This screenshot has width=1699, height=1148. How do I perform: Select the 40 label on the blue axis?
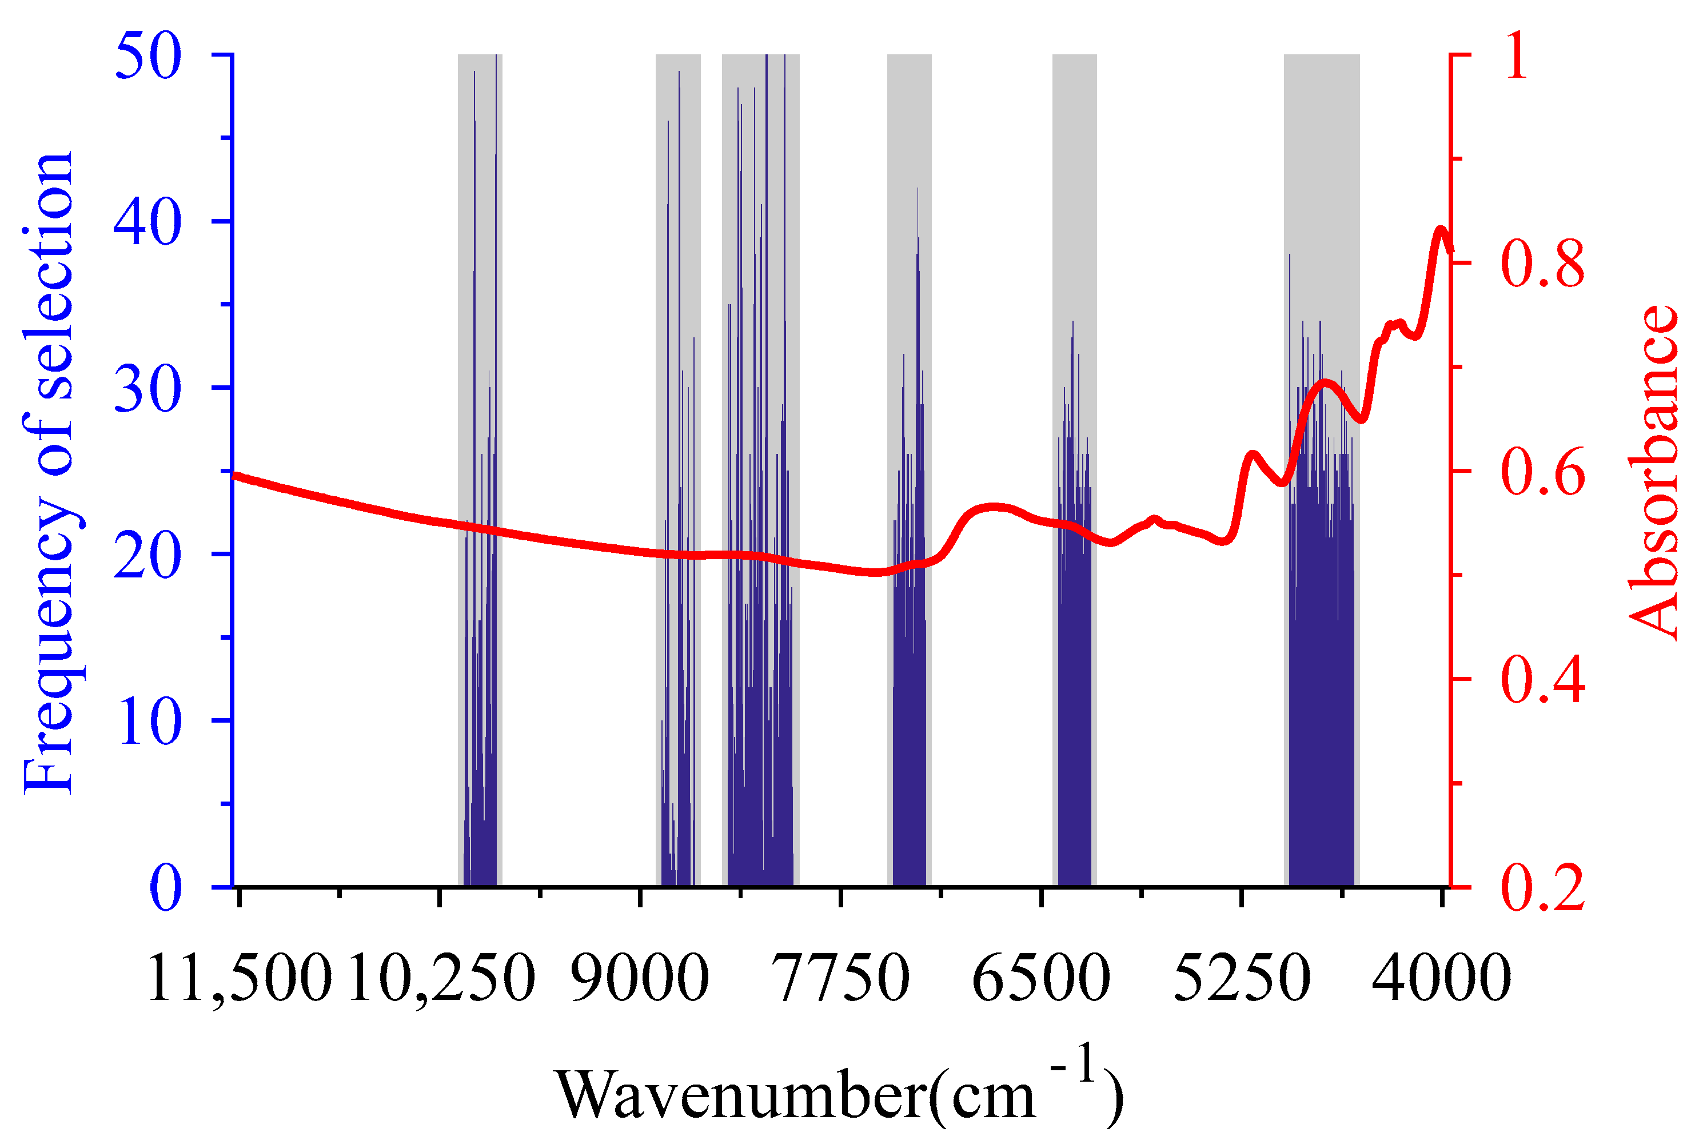[x=147, y=222]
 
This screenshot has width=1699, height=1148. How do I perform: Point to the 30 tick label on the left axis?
[x=147, y=389]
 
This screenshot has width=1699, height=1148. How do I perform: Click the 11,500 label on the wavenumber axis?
[x=239, y=978]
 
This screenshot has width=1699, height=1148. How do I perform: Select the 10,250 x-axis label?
[x=441, y=978]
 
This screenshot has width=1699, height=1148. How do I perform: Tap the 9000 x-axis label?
[x=640, y=978]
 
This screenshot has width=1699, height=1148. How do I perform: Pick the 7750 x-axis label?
[x=841, y=978]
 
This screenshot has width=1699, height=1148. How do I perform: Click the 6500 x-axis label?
[x=1041, y=978]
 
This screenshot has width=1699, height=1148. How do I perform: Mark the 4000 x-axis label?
[x=1442, y=978]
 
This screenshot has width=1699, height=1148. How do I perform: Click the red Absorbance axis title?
[x=1654, y=472]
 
